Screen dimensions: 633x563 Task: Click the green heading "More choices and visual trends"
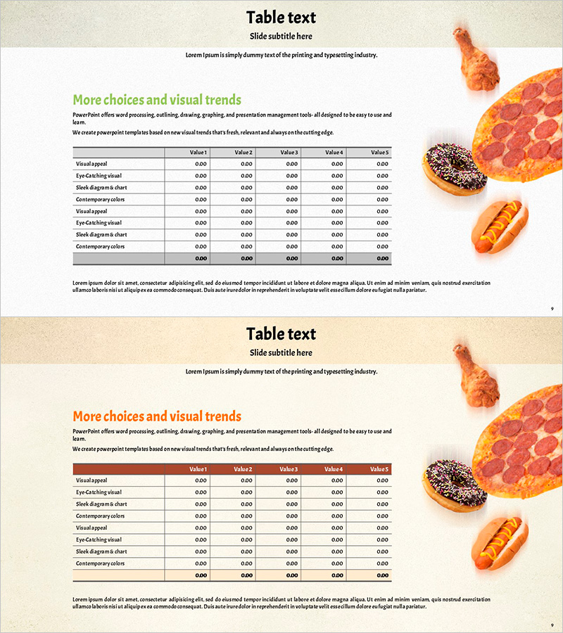tap(157, 100)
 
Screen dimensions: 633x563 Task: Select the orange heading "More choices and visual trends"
tap(157, 416)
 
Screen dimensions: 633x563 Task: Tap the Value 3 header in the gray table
tap(289, 153)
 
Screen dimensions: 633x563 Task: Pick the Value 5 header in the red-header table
tap(379, 469)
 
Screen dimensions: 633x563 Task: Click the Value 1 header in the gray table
tap(198, 153)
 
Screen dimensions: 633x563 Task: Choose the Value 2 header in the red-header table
tap(243, 469)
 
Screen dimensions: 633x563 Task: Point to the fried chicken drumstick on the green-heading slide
tap(476, 59)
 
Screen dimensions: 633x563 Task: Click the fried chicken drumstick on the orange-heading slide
tap(476, 376)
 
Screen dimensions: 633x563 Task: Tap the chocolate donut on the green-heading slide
tap(454, 169)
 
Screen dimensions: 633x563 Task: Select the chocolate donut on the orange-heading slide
tap(454, 485)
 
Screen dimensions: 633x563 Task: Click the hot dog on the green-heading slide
tap(500, 226)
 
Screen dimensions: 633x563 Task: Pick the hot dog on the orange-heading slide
tap(500, 543)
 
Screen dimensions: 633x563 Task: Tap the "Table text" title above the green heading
tap(281, 18)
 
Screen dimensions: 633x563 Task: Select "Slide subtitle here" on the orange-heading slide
tap(281, 352)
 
